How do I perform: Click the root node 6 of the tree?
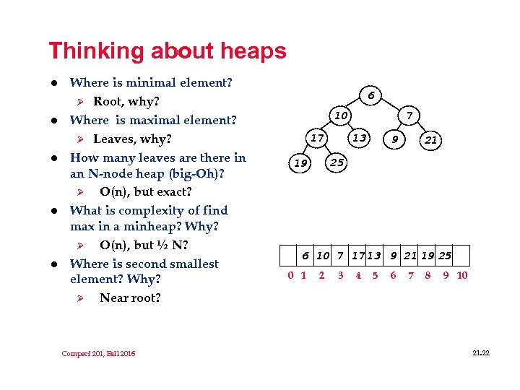point(370,95)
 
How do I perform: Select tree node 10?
point(341,116)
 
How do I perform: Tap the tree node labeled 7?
point(409,116)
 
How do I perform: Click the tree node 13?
point(359,138)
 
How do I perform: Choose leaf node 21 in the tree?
point(430,140)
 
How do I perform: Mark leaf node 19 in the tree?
point(300,163)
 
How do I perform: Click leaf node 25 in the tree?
point(337,162)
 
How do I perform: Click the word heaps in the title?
point(253,52)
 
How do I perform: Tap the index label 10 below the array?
point(462,275)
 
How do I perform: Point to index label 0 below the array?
point(290,275)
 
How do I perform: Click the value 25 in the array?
point(445,255)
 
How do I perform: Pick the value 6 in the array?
point(305,255)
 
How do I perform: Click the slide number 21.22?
point(480,352)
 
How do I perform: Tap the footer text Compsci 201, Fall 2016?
point(98,353)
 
